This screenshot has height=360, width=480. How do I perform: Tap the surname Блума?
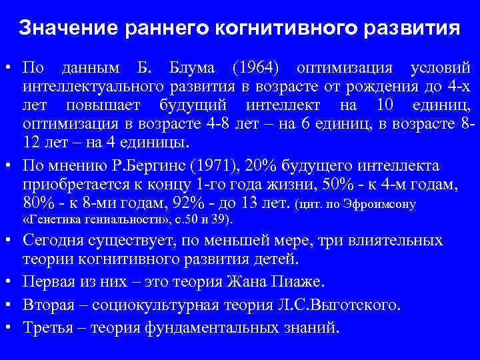(x=193, y=69)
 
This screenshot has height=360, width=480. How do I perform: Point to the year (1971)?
(x=224, y=166)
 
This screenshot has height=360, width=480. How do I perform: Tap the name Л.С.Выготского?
(x=347, y=306)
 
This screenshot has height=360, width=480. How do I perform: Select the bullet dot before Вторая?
(x=9, y=306)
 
